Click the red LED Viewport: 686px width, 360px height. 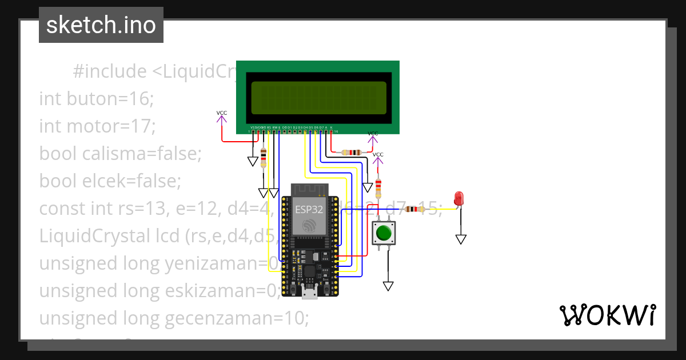458,199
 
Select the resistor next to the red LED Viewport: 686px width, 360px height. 414,209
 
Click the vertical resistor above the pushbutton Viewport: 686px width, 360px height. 378,186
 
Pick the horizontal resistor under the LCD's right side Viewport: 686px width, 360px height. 350,153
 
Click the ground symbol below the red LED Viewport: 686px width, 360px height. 461,239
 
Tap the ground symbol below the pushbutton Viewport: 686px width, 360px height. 389,286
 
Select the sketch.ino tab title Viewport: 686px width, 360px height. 101,25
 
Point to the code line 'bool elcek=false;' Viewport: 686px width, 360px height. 110,181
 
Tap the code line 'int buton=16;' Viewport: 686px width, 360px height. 96,99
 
